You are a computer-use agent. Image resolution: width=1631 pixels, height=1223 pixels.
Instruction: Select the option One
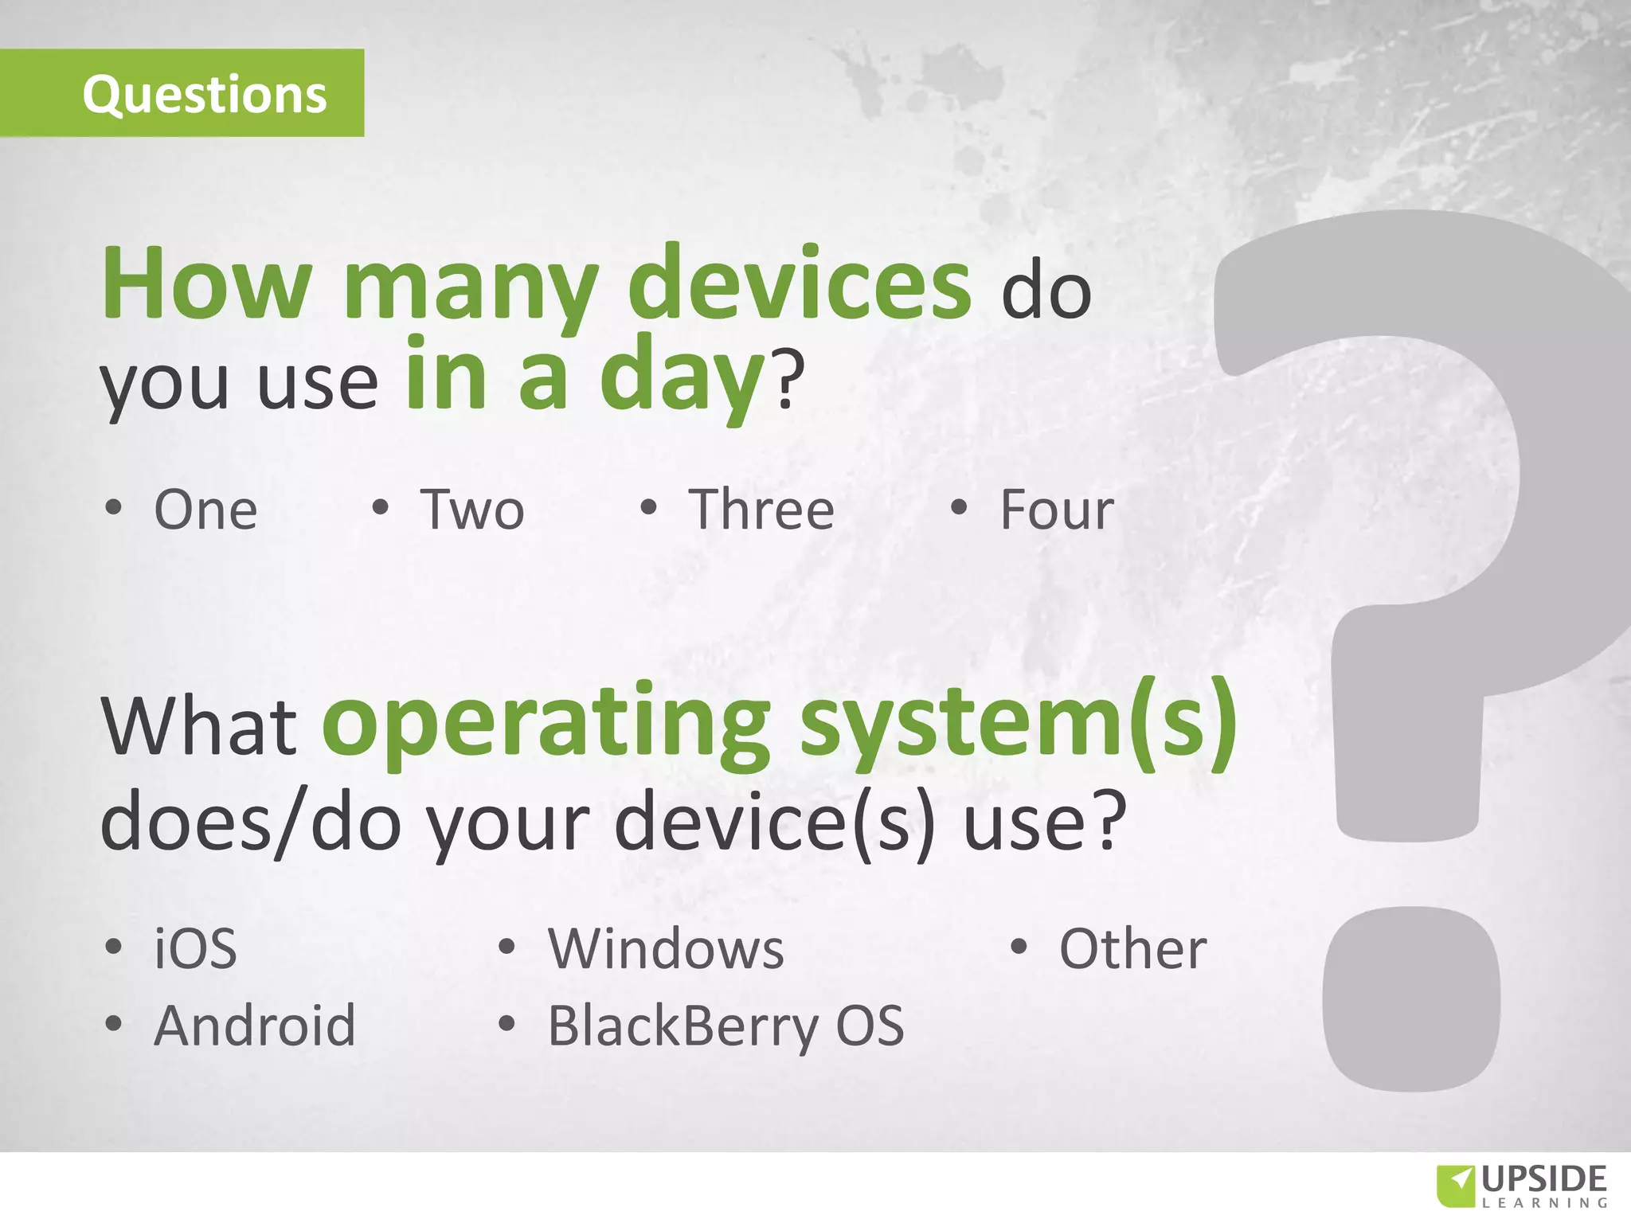205,510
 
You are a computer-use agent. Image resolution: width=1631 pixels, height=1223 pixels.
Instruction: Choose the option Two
472,510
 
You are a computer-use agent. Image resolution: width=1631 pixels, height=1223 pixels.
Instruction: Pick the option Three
761,510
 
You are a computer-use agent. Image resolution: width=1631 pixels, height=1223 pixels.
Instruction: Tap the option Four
1057,510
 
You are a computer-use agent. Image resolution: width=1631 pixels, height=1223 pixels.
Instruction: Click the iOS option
195,949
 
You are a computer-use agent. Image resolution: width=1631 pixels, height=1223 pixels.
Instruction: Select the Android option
255,1026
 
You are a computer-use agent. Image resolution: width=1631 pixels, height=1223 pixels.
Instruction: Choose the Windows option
666,949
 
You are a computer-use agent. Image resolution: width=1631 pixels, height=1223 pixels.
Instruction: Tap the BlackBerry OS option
726,1026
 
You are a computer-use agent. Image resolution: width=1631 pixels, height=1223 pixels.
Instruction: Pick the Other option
1132,949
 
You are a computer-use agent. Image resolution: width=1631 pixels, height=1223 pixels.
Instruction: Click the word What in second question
199,726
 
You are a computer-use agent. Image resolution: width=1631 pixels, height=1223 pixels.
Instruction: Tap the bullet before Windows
507,948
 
